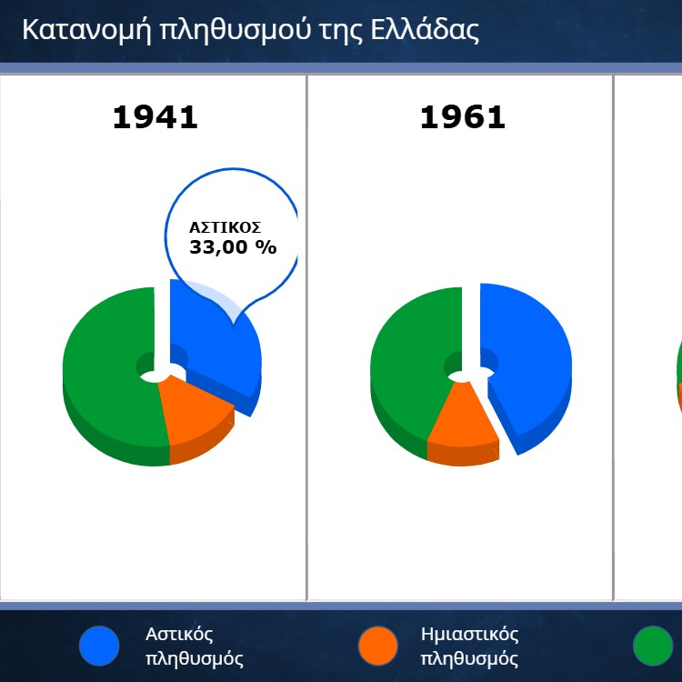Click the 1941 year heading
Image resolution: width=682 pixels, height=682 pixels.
click(x=155, y=117)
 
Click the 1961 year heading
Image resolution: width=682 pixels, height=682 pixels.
click(x=462, y=117)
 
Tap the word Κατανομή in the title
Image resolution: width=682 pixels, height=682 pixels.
click(x=86, y=30)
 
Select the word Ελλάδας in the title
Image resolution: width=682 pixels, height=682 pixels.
click(x=425, y=30)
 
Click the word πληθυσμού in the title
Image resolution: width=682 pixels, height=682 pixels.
click(x=235, y=30)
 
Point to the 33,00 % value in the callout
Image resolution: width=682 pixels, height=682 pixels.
click(x=233, y=247)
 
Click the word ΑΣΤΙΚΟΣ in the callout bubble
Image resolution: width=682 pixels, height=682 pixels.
click(x=225, y=227)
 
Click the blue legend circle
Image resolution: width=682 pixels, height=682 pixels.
click(x=99, y=646)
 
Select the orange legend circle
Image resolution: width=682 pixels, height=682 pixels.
click(x=378, y=646)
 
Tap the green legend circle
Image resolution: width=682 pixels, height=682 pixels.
click(x=653, y=646)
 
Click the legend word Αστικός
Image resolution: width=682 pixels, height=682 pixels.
click(x=179, y=634)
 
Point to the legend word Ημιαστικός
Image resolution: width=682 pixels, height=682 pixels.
click(x=470, y=634)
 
